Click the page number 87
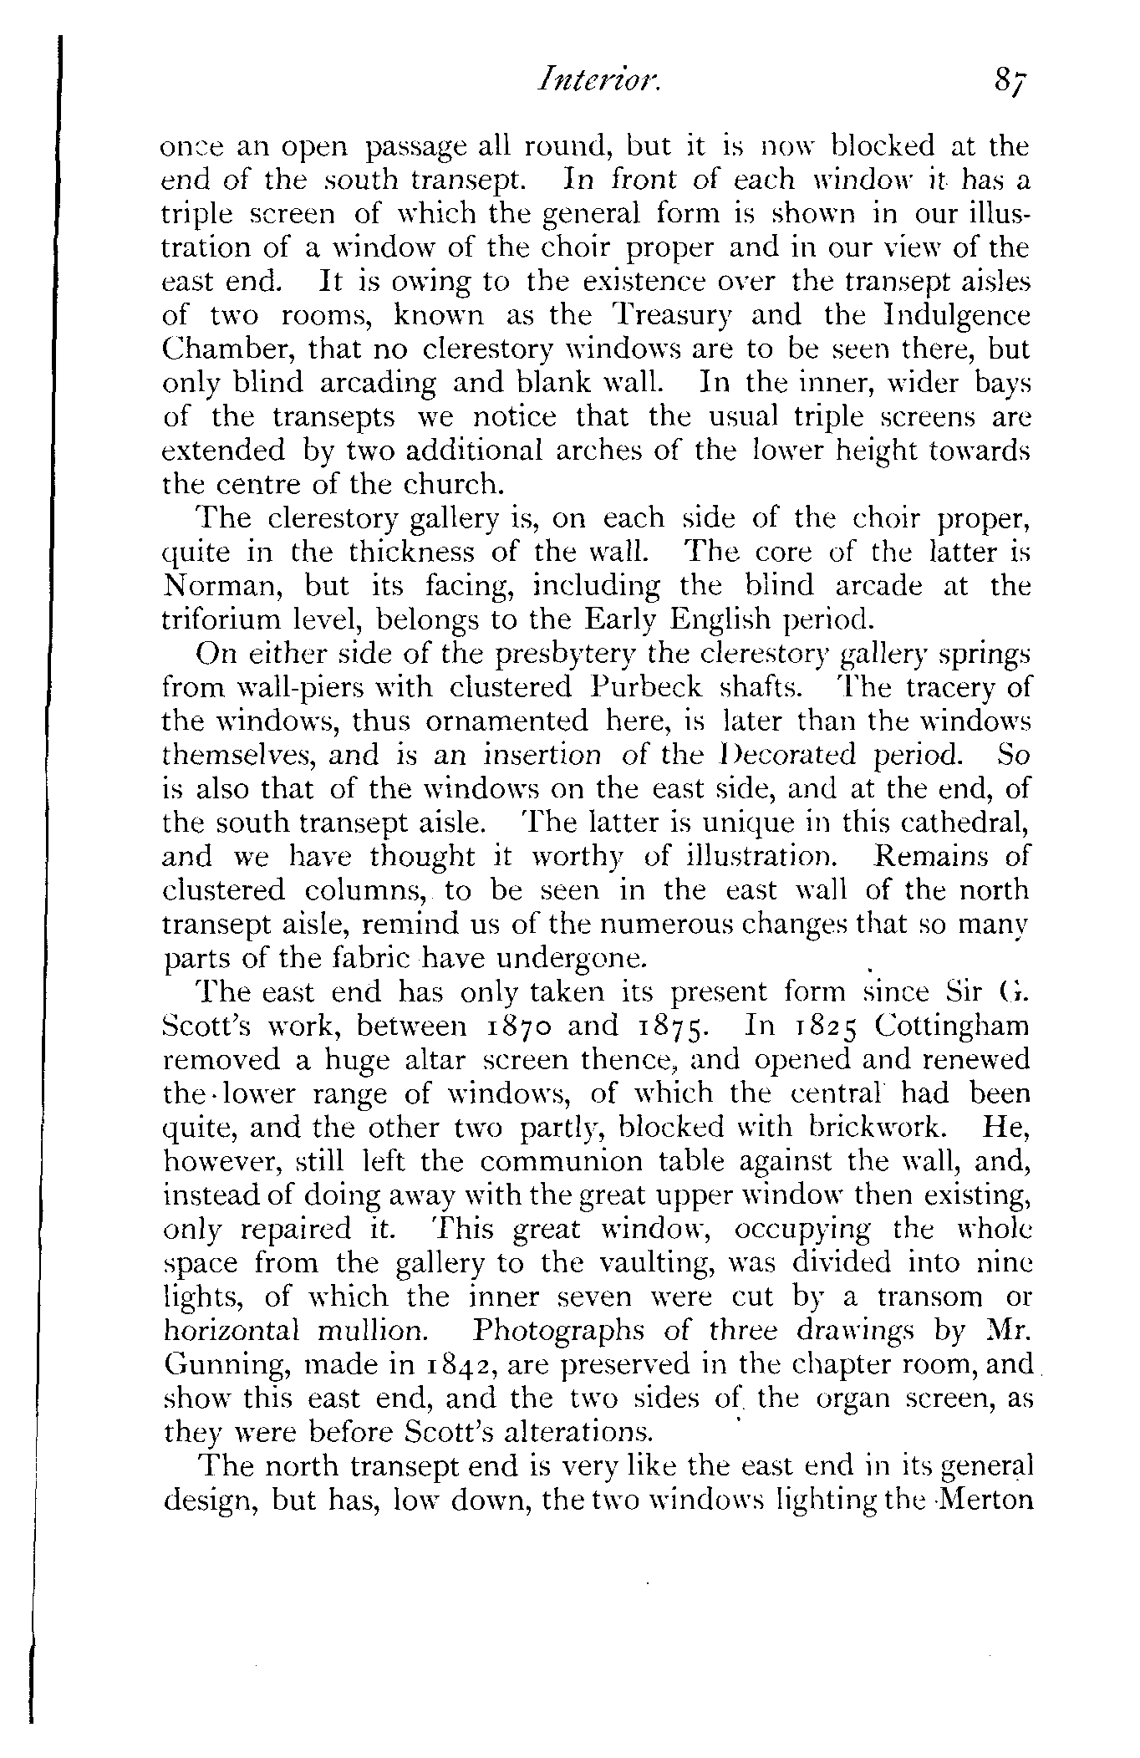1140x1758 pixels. [x=1010, y=83]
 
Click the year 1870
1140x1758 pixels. [x=519, y=1025]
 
